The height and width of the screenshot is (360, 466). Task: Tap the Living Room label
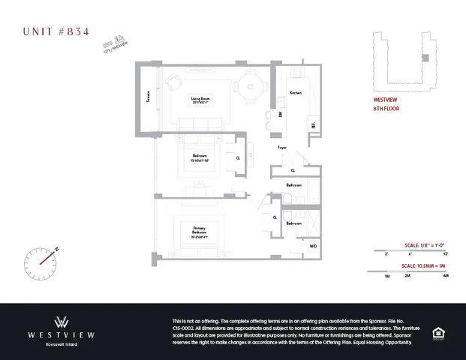pos(200,100)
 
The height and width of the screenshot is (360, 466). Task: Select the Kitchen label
pos(296,93)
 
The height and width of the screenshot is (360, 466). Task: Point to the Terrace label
pos(149,99)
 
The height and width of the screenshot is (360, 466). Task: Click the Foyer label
pos(282,148)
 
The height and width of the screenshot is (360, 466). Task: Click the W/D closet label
pos(313,245)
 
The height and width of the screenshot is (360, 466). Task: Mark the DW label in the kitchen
pos(281,114)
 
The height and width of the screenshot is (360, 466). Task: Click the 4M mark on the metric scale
pos(445,276)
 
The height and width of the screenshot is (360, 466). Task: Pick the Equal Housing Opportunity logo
pos(437,331)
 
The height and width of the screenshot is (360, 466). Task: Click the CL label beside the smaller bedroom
pos(238,158)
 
